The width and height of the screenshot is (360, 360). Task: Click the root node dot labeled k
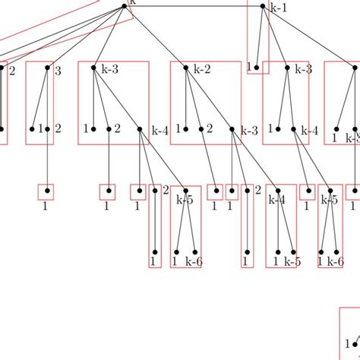pyautogui.click(x=125, y=6)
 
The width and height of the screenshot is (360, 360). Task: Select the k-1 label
pyautogui.click(x=279, y=8)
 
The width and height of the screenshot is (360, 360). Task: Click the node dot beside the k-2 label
pyautogui.click(x=186, y=68)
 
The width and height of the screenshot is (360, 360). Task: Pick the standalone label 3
pyautogui.click(x=58, y=70)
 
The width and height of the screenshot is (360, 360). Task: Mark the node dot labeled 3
pyautogui.click(x=47, y=68)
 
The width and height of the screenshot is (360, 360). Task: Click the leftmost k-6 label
pyautogui.click(x=194, y=261)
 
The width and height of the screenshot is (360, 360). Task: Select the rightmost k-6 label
pyautogui.click(x=335, y=261)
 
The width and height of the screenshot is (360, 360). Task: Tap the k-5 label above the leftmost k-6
pyautogui.click(x=185, y=201)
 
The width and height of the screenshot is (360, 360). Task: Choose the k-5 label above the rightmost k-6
pyautogui.click(x=329, y=201)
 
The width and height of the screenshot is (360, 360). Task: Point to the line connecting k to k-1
pyautogui.click(x=194, y=7)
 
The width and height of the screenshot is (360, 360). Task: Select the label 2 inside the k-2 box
pyautogui.click(x=209, y=130)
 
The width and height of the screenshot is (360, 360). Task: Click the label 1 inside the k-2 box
pyautogui.click(x=178, y=129)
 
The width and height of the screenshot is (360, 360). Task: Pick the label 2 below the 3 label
pyautogui.click(x=58, y=129)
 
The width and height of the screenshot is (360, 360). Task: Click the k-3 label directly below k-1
pyautogui.click(x=302, y=70)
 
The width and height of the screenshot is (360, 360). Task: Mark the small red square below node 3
pyautogui.click(x=46, y=191)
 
